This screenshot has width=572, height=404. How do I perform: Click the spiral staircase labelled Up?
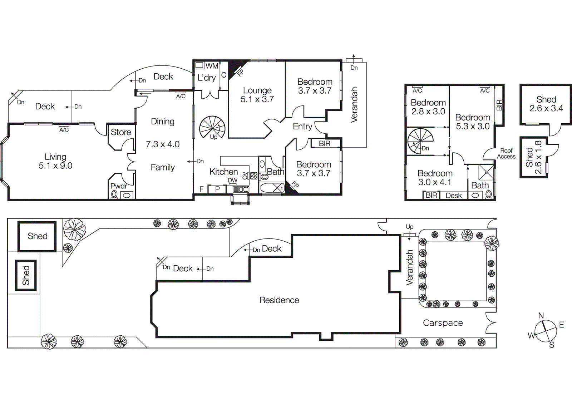tap(212, 127)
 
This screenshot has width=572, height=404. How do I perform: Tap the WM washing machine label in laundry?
tap(212, 66)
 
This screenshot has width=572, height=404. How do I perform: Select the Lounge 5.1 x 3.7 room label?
tap(257, 95)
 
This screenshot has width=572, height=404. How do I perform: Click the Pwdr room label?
tap(118, 186)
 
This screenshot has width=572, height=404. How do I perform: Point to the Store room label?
tap(121, 132)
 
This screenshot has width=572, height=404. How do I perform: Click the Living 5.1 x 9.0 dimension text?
tap(55, 166)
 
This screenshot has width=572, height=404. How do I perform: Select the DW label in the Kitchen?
tap(232, 181)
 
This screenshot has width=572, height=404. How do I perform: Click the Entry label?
tap(302, 126)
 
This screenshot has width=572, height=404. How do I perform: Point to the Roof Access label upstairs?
tap(506, 153)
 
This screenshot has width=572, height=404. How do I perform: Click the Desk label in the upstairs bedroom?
tap(454, 196)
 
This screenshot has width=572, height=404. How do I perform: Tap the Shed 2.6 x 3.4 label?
tap(546, 104)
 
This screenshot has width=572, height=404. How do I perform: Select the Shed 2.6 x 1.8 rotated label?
tap(534, 157)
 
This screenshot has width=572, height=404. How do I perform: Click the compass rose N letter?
tap(541, 316)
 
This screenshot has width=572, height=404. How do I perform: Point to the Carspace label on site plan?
tap(443, 323)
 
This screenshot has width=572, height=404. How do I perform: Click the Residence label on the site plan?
tap(279, 300)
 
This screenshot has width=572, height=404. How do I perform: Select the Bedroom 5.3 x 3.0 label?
tap(472, 122)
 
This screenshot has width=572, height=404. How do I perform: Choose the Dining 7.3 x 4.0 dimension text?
tap(163, 144)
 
